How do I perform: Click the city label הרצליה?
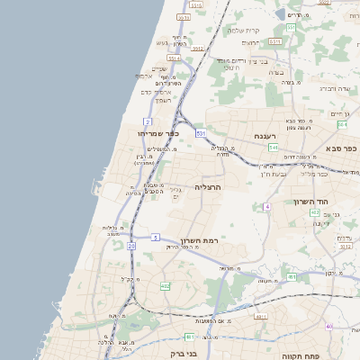tap(208, 186)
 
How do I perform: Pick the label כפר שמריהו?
tap(159, 133)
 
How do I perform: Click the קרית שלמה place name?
tap(243, 31)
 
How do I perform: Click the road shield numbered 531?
tap(201, 132)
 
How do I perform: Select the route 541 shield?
tap(273, 147)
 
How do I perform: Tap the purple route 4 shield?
tap(267, 207)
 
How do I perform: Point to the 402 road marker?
tap(315, 213)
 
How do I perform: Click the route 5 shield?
tap(156, 238)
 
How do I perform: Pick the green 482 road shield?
tap(166, 286)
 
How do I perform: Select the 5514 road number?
tap(173, 58)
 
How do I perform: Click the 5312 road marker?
tap(345, 245)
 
